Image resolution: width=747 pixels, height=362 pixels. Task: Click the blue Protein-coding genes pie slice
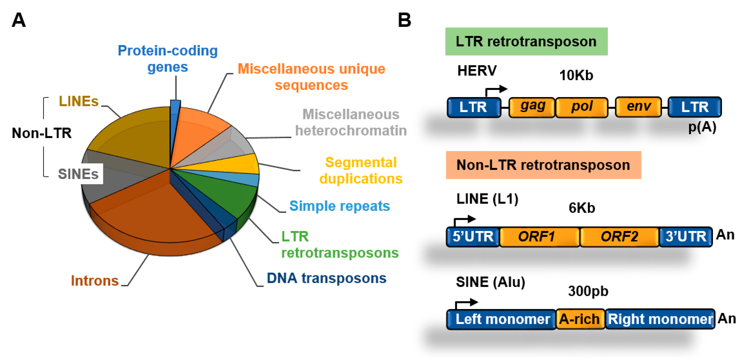click(175, 116)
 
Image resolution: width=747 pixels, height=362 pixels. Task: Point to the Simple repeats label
click(340, 206)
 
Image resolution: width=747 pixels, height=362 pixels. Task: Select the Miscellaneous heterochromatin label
click(351, 122)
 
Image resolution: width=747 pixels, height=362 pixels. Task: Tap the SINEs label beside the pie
click(78, 174)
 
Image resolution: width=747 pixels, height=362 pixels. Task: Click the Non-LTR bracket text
click(42, 133)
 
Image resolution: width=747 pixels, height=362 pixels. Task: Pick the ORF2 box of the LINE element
click(619, 237)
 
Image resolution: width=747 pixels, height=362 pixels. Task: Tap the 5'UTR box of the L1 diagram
click(473, 237)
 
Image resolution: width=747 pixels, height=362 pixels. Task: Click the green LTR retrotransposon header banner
click(526, 42)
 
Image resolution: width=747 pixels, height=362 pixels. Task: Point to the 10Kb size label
click(576, 75)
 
